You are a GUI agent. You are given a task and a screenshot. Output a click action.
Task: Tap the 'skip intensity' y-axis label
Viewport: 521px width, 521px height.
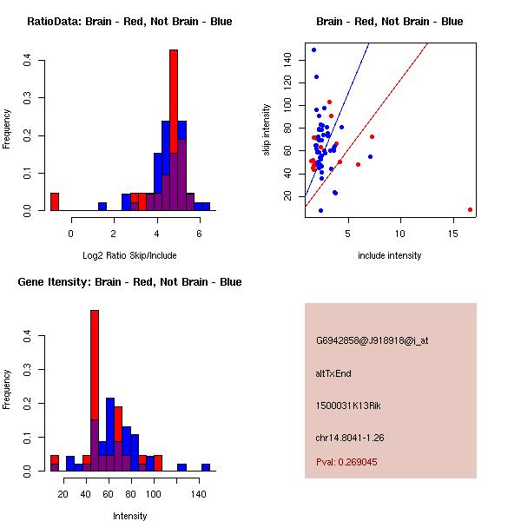tap(267, 130)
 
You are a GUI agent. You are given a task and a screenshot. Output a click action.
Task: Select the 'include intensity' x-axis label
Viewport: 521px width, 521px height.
tap(389, 255)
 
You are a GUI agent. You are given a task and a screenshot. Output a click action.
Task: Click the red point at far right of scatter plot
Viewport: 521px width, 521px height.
tap(470, 209)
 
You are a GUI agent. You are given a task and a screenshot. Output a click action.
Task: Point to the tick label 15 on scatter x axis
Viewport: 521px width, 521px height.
tap(453, 233)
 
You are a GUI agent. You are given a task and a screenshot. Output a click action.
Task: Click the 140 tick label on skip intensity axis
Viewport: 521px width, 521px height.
tap(286, 59)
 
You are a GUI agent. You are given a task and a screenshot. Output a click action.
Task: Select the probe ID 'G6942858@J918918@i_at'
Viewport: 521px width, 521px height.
tap(372, 340)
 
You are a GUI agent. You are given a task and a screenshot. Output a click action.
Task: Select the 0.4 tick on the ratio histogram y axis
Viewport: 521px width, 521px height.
tap(28, 60)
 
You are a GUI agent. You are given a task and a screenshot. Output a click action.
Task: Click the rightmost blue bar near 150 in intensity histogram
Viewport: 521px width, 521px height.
tap(206, 467)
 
